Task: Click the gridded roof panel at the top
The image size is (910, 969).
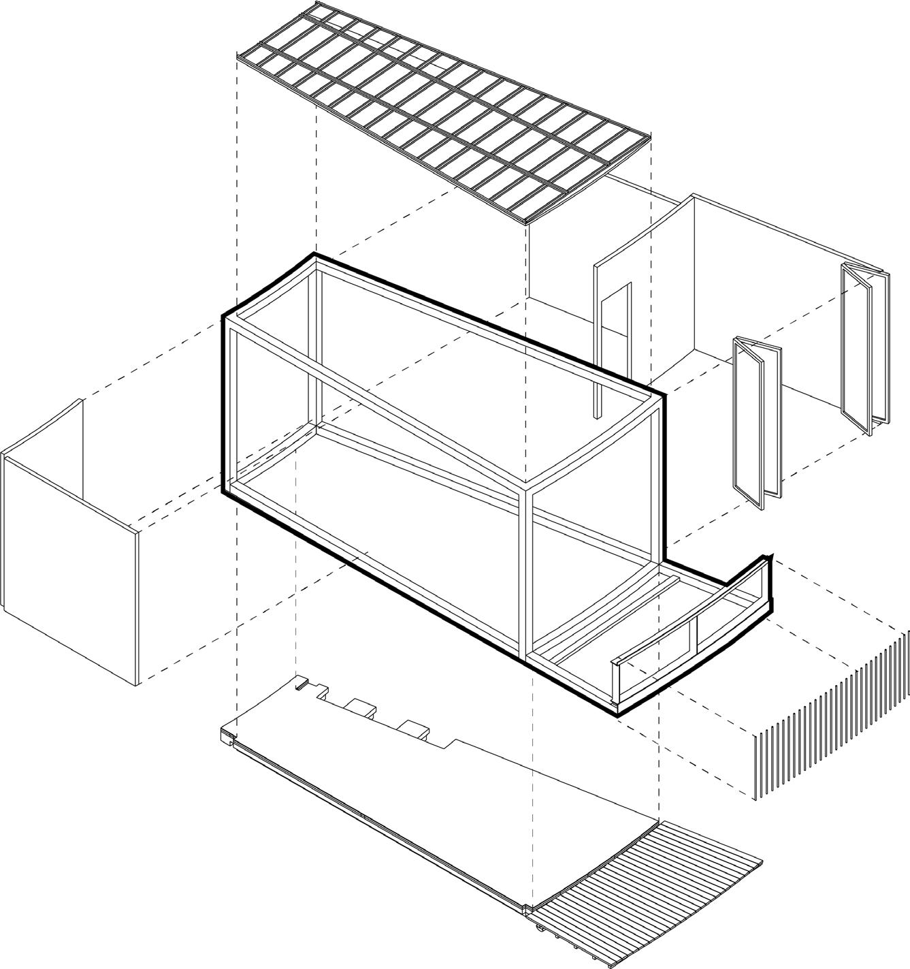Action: point(442,116)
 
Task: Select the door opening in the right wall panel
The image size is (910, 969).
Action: point(615,327)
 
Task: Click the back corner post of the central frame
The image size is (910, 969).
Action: point(314,340)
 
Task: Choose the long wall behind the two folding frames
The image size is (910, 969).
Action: point(749,286)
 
